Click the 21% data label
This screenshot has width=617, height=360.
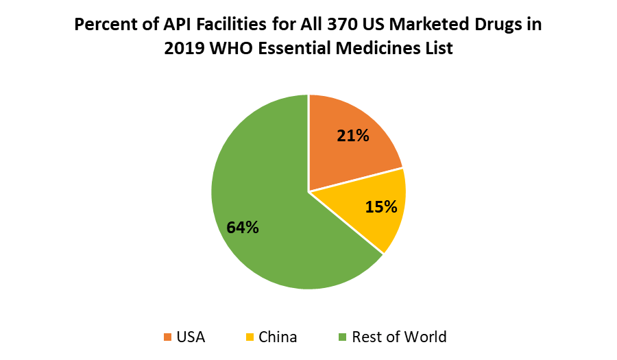click(x=353, y=136)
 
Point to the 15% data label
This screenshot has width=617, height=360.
click(x=381, y=206)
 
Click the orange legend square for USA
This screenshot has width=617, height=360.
click(x=167, y=337)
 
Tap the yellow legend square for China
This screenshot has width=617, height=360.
click(x=249, y=337)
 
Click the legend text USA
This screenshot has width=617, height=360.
click(x=191, y=337)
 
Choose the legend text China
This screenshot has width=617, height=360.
click(x=278, y=337)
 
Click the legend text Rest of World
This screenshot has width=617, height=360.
click(x=399, y=337)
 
